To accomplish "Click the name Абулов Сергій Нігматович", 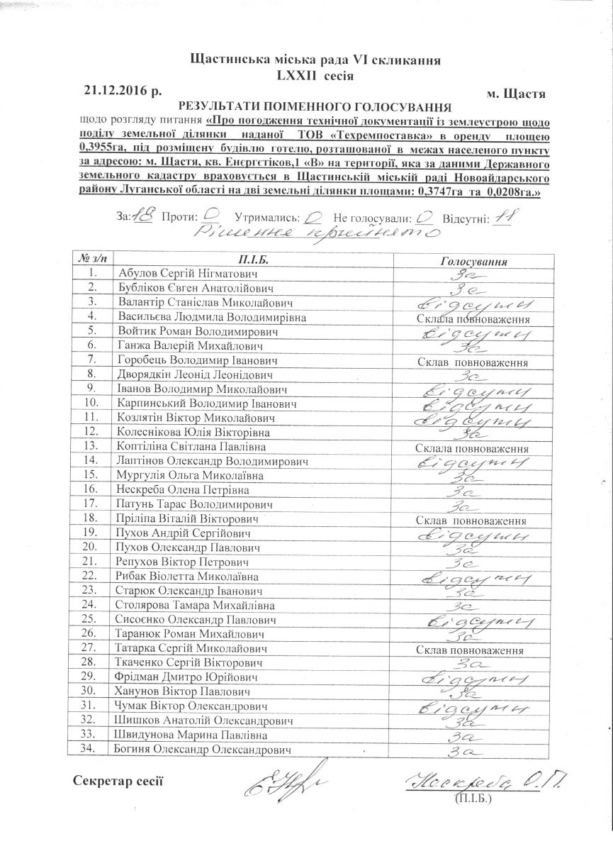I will [188, 274].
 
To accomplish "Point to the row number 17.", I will [89, 504].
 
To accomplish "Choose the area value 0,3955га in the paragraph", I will [99, 151].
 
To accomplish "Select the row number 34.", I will [89, 750].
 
